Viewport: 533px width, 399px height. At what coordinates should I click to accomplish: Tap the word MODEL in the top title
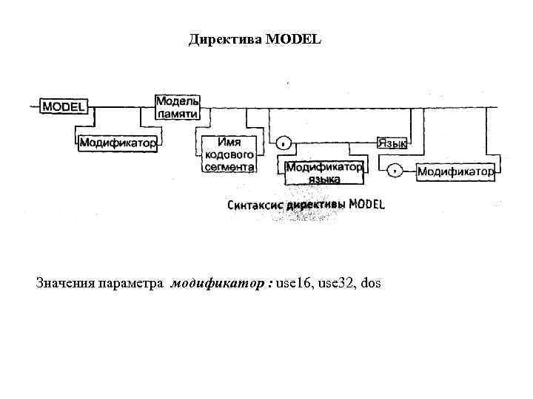pos(295,39)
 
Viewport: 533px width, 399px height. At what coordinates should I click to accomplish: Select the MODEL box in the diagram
pos(64,106)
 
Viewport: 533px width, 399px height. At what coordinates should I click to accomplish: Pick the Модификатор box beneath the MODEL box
pos(118,143)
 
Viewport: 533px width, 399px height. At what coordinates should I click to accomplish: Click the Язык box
pos(392,143)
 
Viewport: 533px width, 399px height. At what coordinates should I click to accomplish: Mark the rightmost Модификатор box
pos(455,172)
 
